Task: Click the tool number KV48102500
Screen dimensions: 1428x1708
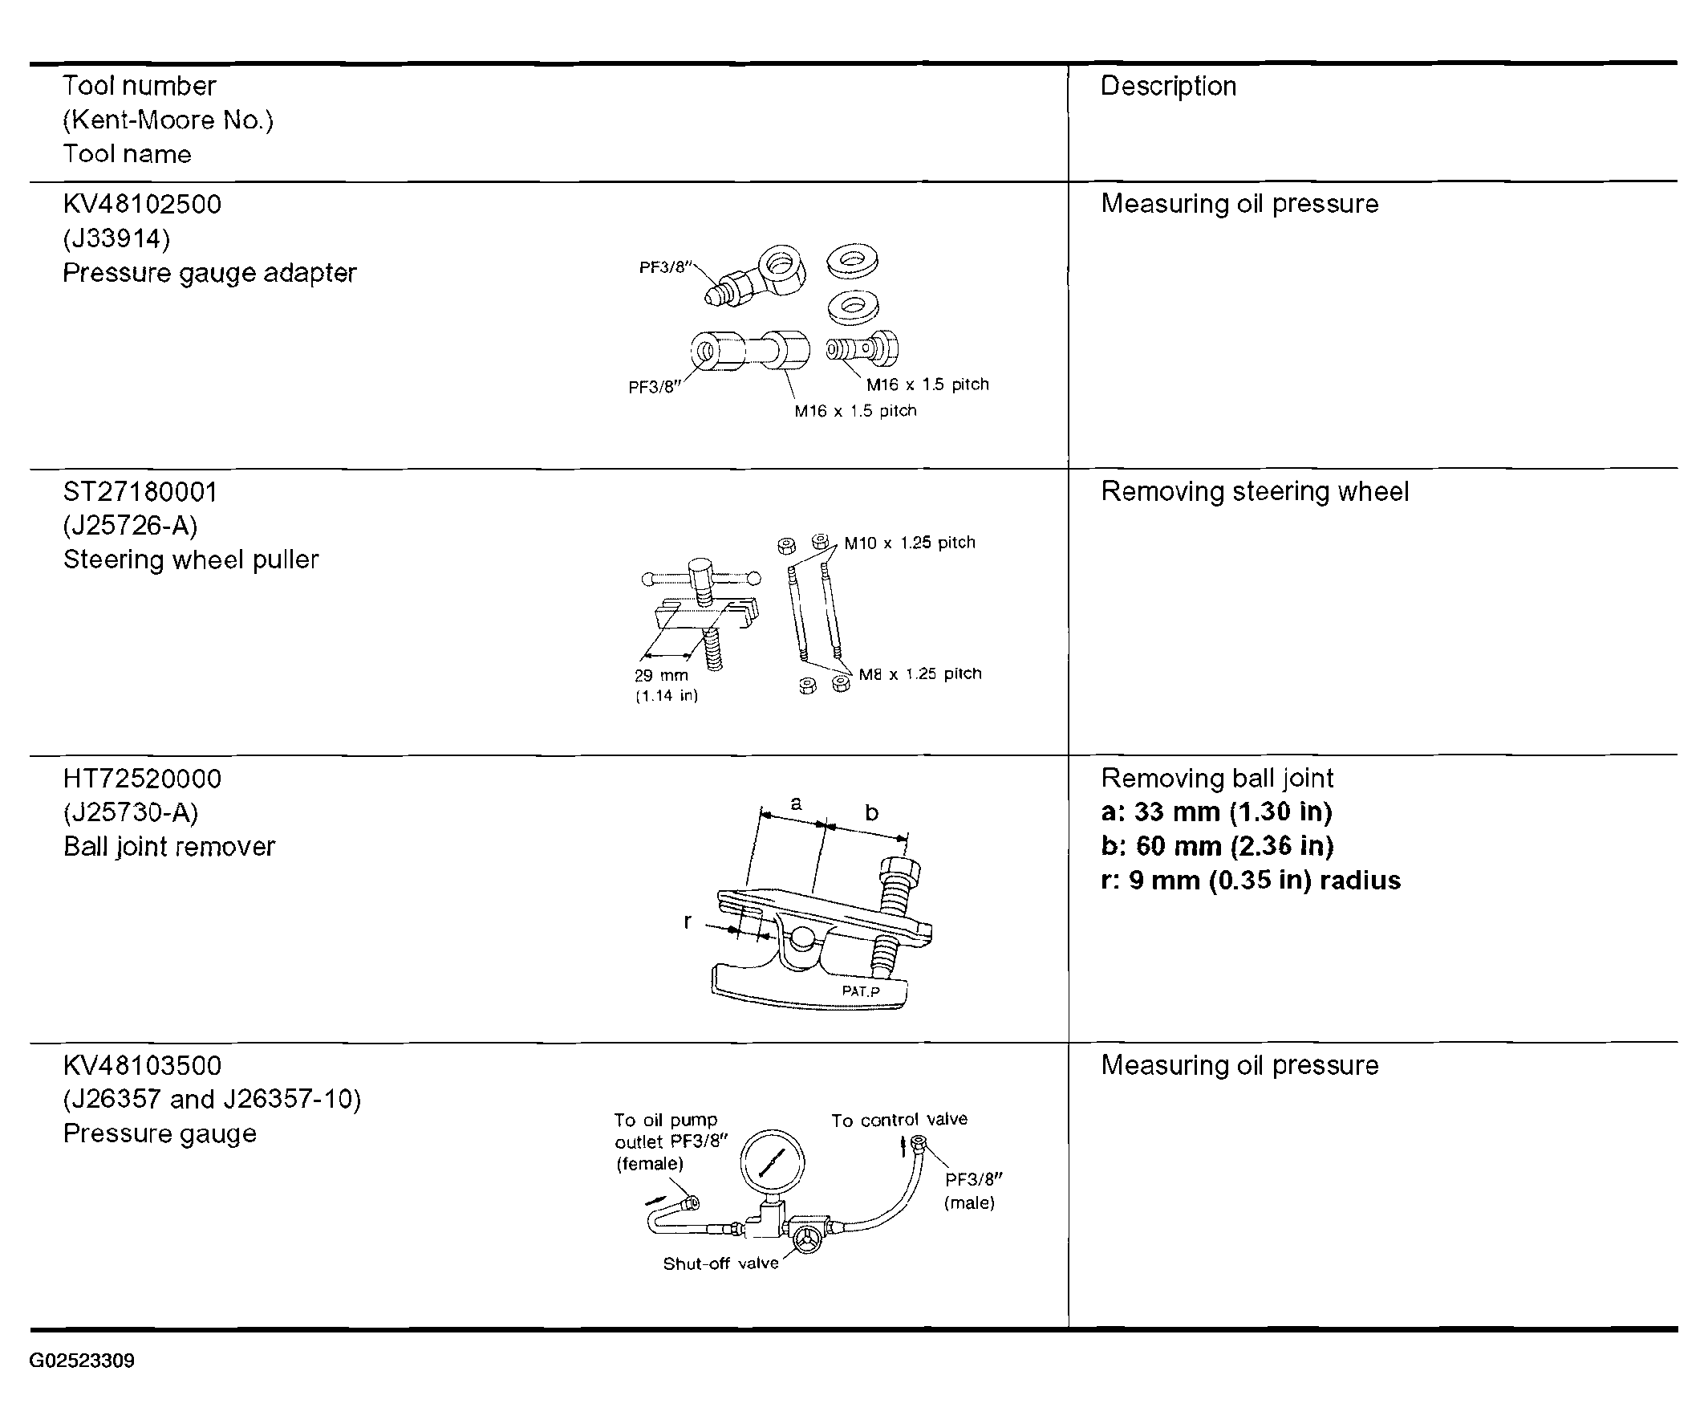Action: click(x=141, y=204)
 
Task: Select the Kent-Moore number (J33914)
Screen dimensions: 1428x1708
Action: click(x=116, y=238)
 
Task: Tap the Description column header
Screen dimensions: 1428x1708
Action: click(x=1168, y=86)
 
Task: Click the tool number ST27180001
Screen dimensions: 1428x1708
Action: click(x=140, y=492)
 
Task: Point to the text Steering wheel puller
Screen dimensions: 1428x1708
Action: click(x=191, y=559)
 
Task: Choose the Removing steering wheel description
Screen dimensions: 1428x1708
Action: click(x=1254, y=492)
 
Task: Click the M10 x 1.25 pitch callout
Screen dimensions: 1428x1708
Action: click(x=909, y=543)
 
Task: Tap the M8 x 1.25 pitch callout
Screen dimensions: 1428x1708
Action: click(x=920, y=673)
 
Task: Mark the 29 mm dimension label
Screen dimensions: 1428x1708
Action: click(x=660, y=675)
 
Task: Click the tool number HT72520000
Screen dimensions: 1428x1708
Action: click(x=141, y=779)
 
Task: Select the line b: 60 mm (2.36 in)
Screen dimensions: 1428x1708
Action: click(x=1217, y=846)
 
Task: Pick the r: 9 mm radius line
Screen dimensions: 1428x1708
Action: click(x=1250, y=881)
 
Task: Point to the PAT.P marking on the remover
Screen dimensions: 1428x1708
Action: click(x=861, y=991)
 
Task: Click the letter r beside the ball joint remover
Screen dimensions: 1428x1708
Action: click(x=688, y=921)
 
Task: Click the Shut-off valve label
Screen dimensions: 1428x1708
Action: click(x=720, y=1263)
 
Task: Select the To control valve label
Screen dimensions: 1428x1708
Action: click(x=899, y=1121)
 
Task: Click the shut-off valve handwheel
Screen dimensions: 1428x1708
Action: click(x=809, y=1239)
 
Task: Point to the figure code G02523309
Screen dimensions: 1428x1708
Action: click(x=82, y=1361)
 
